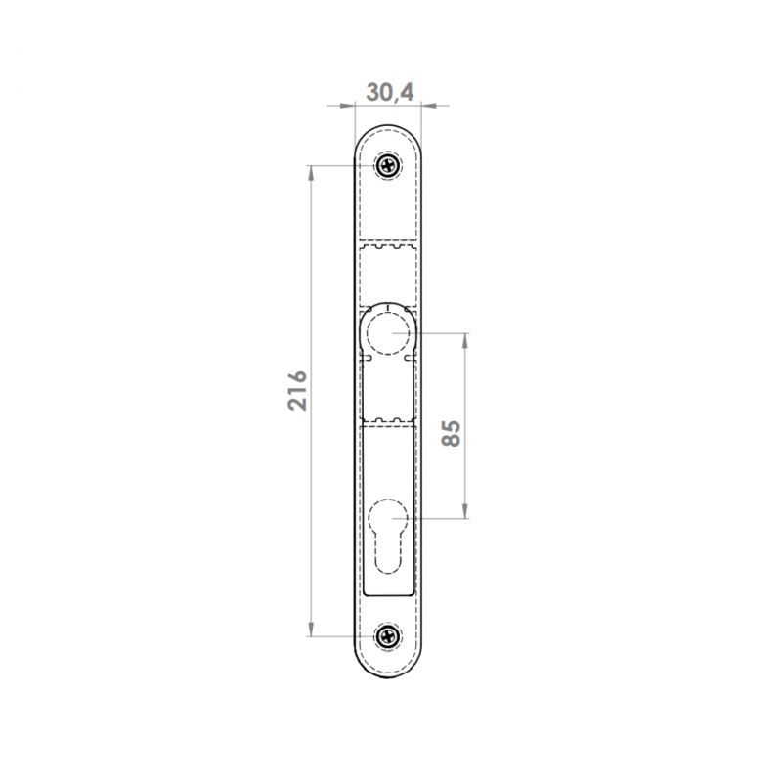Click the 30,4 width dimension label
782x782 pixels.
point(389,92)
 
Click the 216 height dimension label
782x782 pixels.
point(298,390)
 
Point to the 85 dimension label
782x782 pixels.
point(452,433)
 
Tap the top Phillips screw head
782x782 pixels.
point(388,165)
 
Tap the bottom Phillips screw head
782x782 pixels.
point(388,636)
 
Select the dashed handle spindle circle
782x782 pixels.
point(388,333)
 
